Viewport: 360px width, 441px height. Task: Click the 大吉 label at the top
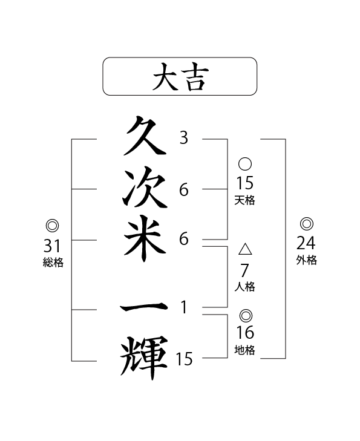tap(180, 76)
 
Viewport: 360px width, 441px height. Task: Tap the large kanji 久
tap(144, 136)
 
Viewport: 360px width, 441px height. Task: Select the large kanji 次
tap(145, 188)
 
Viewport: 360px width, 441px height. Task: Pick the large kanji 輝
tap(144, 358)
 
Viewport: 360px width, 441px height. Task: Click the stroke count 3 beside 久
tap(184, 138)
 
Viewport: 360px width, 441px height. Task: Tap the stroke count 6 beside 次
tap(184, 189)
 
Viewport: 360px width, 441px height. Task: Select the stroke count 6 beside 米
tap(184, 239)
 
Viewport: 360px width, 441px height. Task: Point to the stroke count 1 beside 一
tap(184, 307)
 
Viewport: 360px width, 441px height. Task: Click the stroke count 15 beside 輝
tap(184, 359)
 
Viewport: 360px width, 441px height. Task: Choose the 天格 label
tap(244, 200)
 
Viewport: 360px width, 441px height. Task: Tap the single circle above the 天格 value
tap(245, 164)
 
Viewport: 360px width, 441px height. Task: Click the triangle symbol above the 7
tap(245, 249)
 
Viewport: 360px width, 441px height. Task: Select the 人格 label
tap(244, 287)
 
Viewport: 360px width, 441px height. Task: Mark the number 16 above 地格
tap(245, 333)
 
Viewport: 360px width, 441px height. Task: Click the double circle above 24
tap(307, 224)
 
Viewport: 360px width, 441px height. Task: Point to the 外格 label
tap(307, 260)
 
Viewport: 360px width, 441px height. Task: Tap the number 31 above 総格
tap(52, 246)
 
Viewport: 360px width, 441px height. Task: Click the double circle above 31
tap(52, 226)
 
